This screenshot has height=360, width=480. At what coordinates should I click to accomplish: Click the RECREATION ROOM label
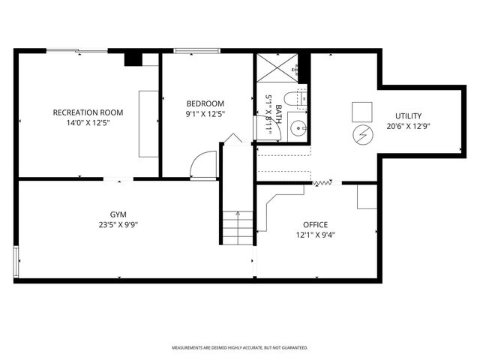coord(88,112)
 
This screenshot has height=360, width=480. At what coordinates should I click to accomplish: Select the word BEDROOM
coord(205,103)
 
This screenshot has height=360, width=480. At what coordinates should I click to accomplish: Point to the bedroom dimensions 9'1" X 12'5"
coord(205,113)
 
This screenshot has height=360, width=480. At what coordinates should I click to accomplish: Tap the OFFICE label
coord(315,224)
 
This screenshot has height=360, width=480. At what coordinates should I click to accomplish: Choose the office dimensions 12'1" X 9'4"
coord(315,234)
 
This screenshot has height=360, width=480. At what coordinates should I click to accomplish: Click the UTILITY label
coord(409,115)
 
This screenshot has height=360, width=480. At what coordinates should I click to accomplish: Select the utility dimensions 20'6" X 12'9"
coord(409,126)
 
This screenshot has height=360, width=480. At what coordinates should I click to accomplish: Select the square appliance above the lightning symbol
coord(361,110)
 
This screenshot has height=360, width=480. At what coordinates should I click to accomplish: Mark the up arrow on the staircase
coord(238,218)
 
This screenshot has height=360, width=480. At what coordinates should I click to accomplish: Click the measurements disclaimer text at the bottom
coord(239,348)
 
